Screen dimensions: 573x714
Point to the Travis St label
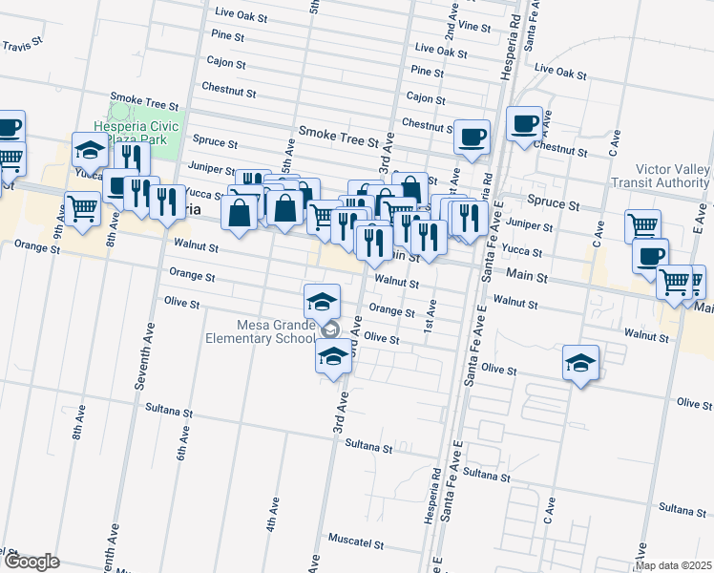pyautogui.click(x=23, y=45)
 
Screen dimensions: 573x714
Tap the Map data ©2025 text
pyautogui.click(x=674, y=565)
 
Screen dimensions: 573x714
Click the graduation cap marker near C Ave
pyautogui.click(x=580, y=362)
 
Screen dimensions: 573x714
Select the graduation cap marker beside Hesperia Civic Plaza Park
pyautogui.click(x=91, y=150)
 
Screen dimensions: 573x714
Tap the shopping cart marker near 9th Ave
pyautogui.click(x=83, y=206)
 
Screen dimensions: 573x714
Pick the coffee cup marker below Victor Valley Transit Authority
pyautogui.click(x=650, y=256)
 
